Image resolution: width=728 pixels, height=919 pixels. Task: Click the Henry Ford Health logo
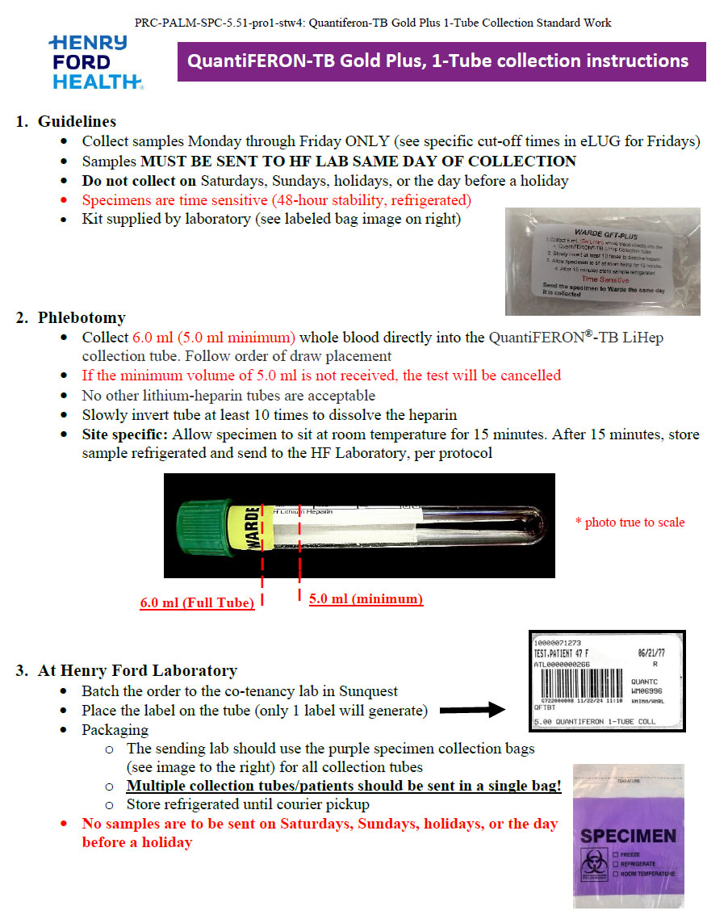95,62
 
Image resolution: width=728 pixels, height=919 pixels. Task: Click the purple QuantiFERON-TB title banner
441,61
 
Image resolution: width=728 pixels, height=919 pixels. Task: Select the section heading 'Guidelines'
77,121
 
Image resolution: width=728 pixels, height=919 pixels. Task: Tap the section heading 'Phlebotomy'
81,317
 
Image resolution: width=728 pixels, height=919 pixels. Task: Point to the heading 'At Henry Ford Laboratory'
137,670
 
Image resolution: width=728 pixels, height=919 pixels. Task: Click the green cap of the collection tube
202,525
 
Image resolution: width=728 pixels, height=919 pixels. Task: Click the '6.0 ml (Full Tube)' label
197,603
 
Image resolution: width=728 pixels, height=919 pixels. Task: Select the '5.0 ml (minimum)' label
366,598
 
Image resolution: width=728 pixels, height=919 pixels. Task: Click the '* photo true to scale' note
630,522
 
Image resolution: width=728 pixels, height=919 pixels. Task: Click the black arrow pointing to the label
472,711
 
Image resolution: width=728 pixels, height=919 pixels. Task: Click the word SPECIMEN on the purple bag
629,836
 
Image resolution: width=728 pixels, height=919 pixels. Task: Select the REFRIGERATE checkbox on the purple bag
616,863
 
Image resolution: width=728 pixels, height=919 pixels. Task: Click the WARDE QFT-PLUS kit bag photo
602,261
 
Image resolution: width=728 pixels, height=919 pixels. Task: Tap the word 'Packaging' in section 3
115,729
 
